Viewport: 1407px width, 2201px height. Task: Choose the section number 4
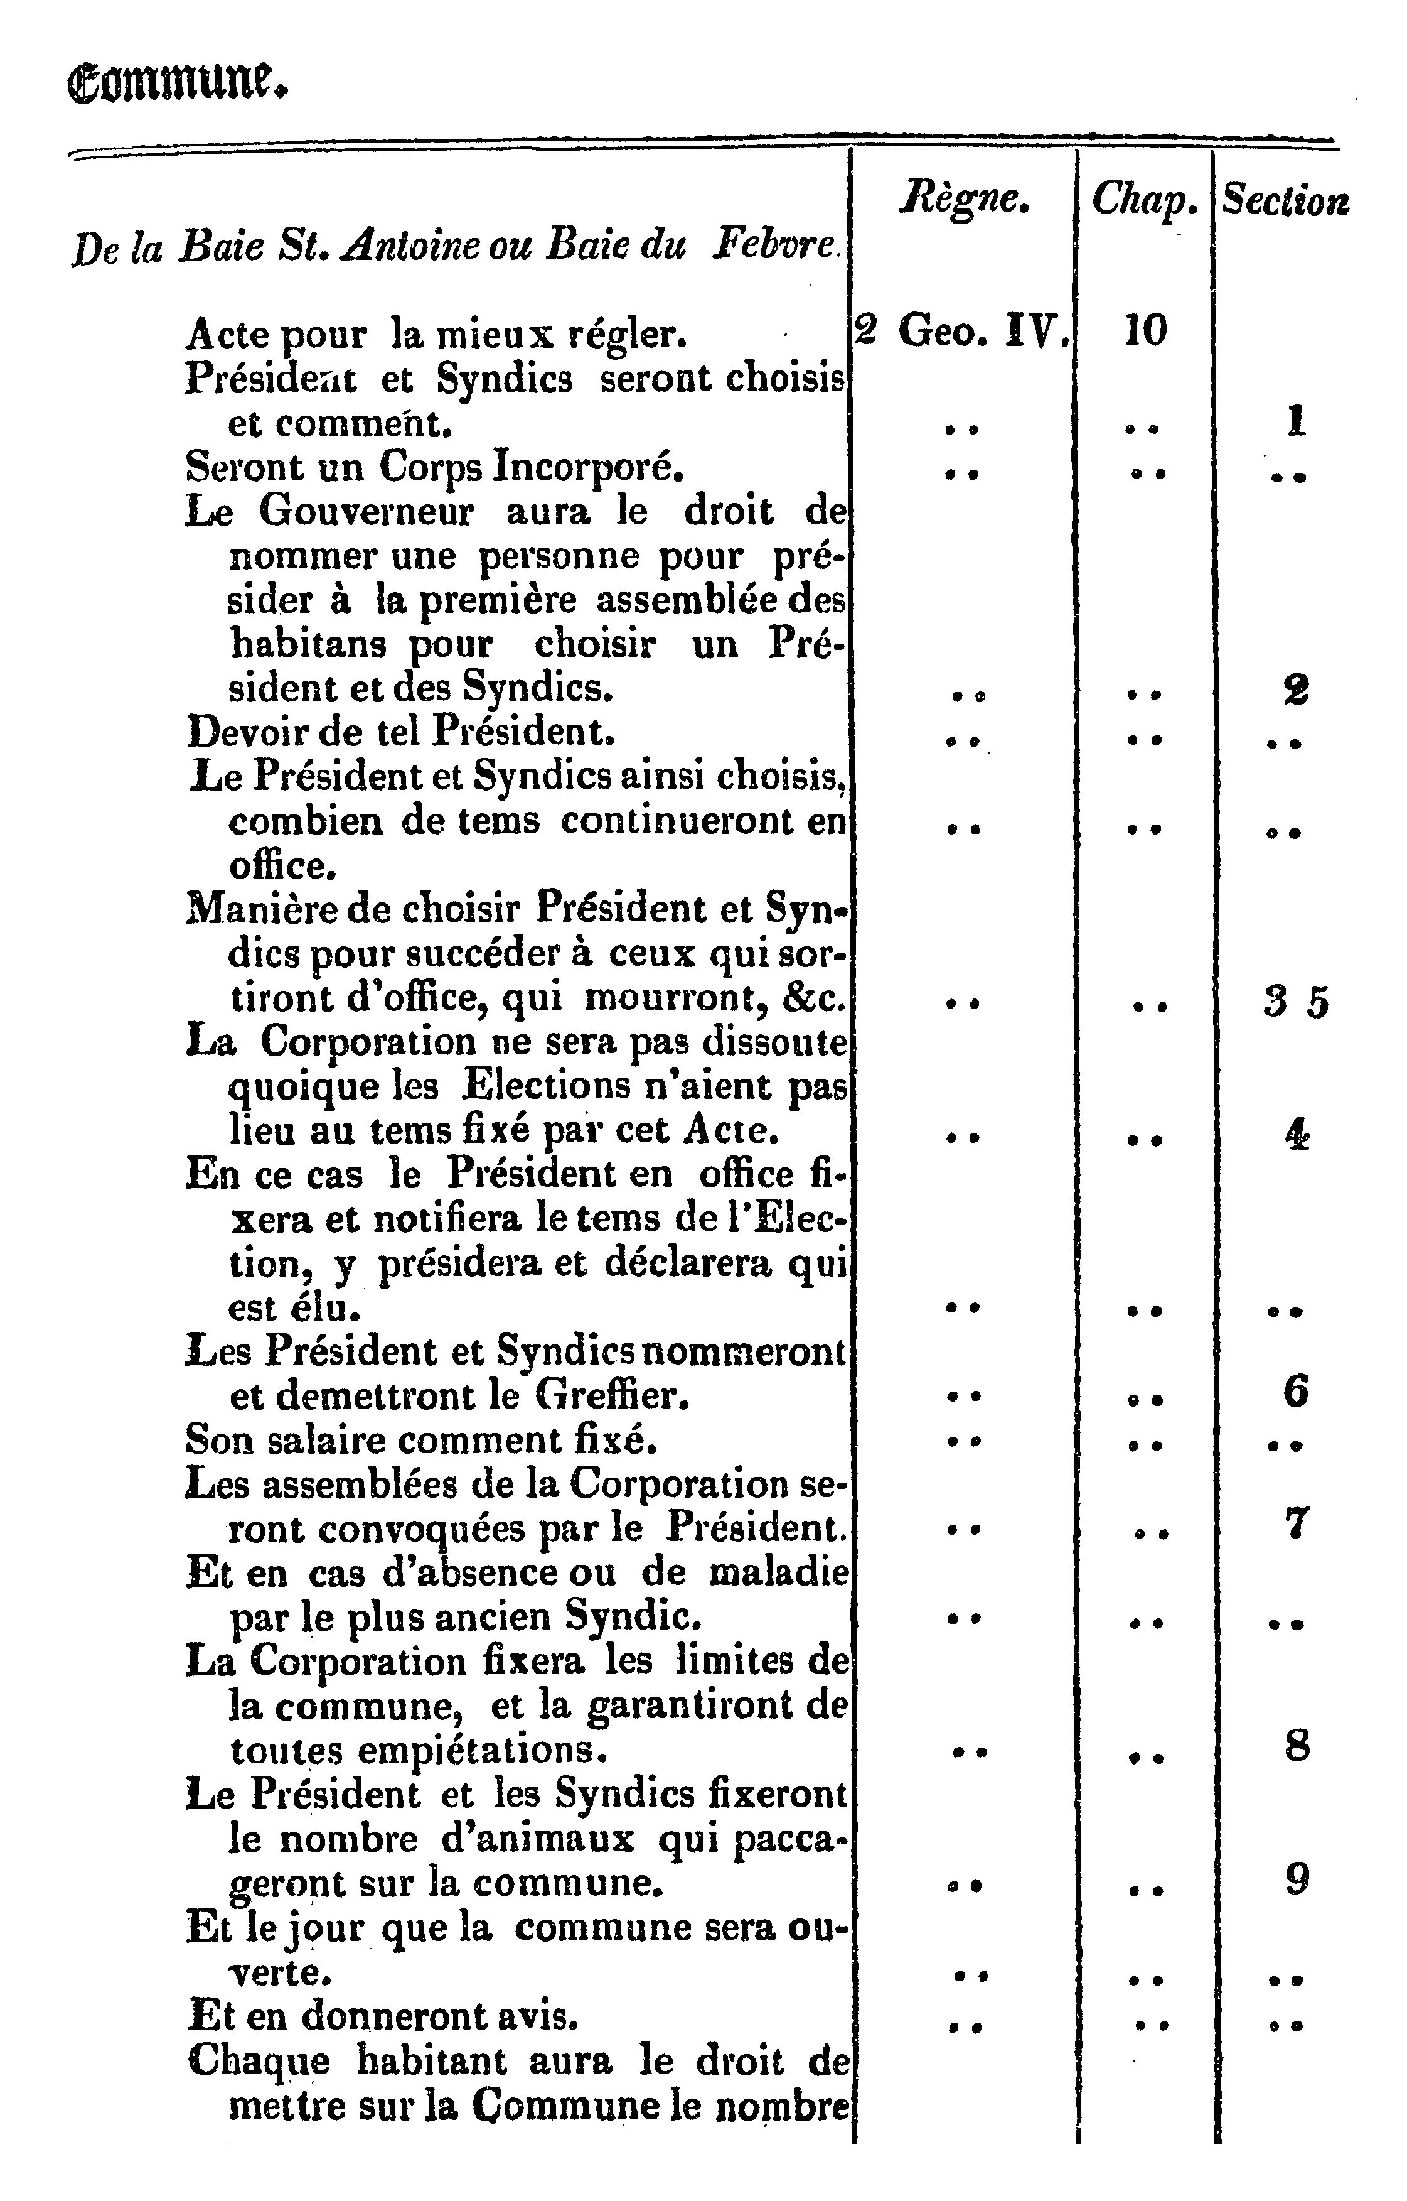(1297, 1135)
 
